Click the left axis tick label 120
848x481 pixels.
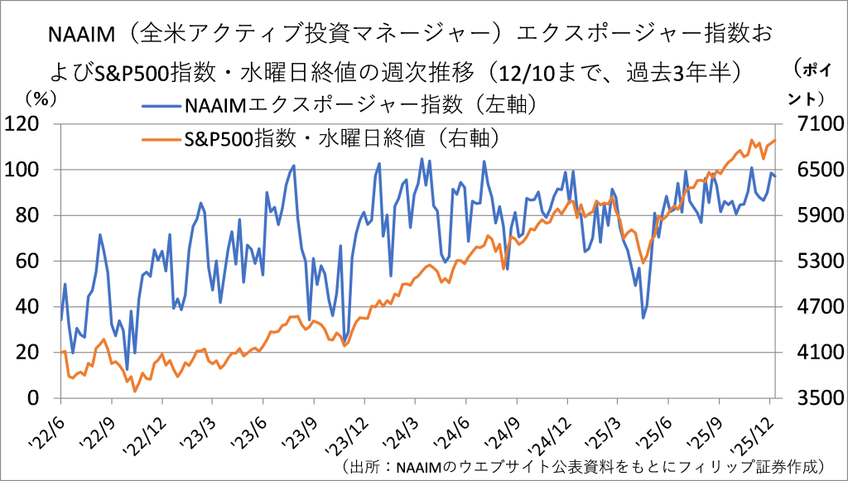point(33,125)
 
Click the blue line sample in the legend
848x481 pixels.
point(161,106)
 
